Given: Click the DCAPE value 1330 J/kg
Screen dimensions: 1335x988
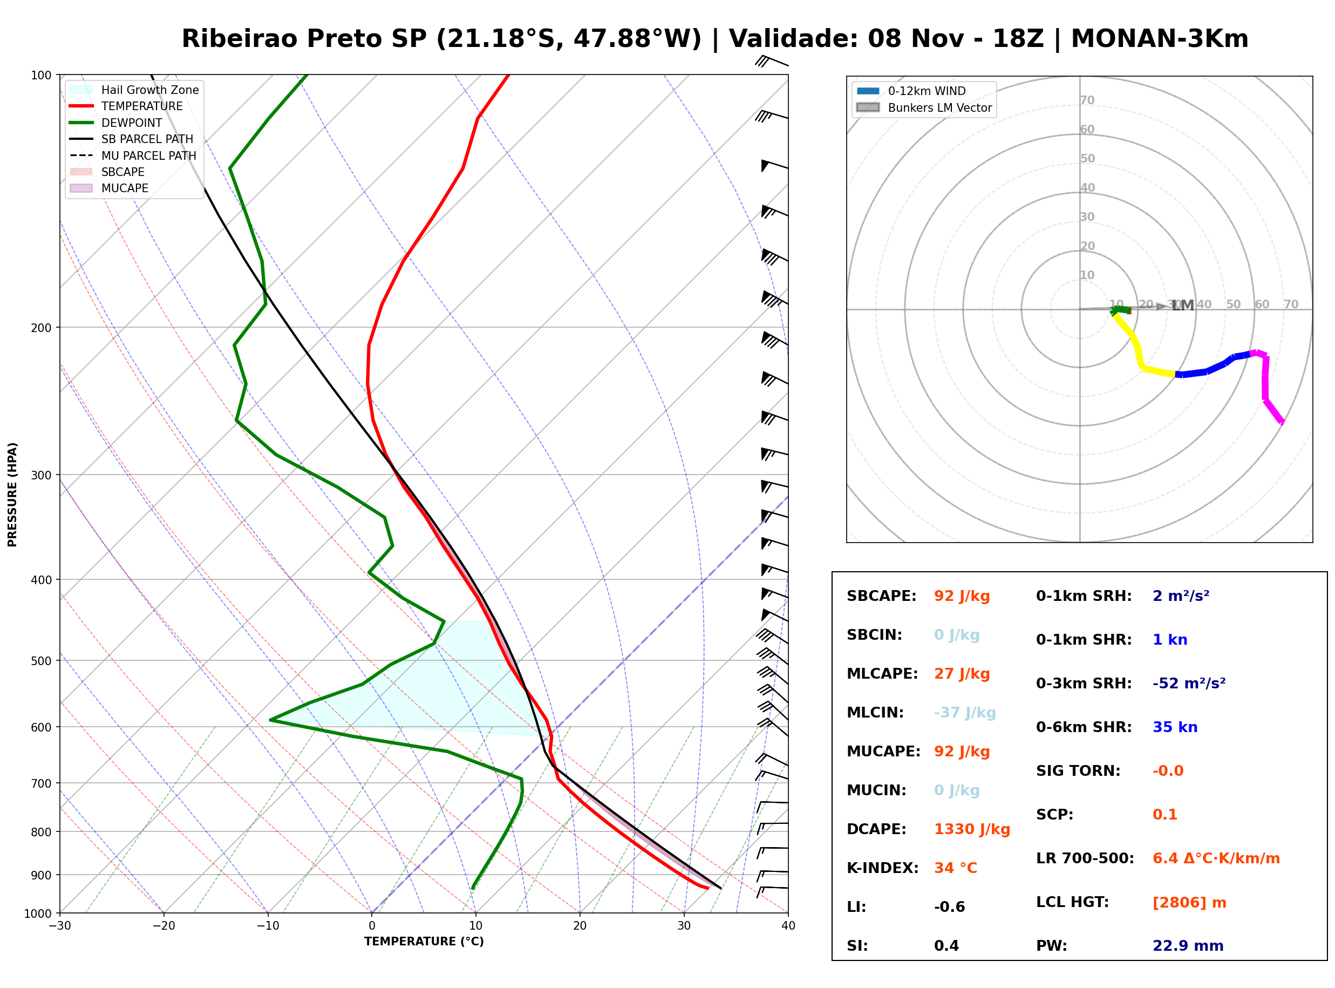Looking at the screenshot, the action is pyautogui.click(x=972, y=829).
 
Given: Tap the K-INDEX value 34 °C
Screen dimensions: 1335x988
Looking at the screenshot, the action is pyautogui.click(x=956, y=868).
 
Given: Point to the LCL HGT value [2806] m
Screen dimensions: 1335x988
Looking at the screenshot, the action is pyautogui.click(x=1189, y=903).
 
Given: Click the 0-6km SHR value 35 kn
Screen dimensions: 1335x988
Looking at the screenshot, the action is pyautogui.click(x=1175, y=727).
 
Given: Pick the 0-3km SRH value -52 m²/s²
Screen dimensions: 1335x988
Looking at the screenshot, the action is pyautogui.click(x=1189, y=683).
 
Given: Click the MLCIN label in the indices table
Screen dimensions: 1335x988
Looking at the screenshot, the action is pyautogui.click(x=875, y=713).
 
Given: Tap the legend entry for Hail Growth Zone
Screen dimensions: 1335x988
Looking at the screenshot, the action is pyautogui.click(x=134, y=90).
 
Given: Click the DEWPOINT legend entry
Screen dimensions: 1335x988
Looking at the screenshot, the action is pyautogui.click(x=116, y=123).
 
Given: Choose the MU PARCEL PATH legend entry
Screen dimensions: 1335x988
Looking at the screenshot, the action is pyautogui.click(x=133, y=155).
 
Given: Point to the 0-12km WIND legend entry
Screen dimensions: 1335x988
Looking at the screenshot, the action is pyautogui.click(x=911, y=91).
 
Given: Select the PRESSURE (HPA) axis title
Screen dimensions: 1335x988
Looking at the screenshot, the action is pyautogui.click(x=12, y=495).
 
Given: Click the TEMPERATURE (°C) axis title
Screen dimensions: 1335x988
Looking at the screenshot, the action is pyautogui.click(x=424, y=942).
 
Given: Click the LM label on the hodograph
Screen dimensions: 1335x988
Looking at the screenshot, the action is pyautogui.click(x=1183, y=306).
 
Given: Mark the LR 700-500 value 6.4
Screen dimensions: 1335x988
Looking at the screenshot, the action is pyautogui.click(x=1164, y=858).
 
